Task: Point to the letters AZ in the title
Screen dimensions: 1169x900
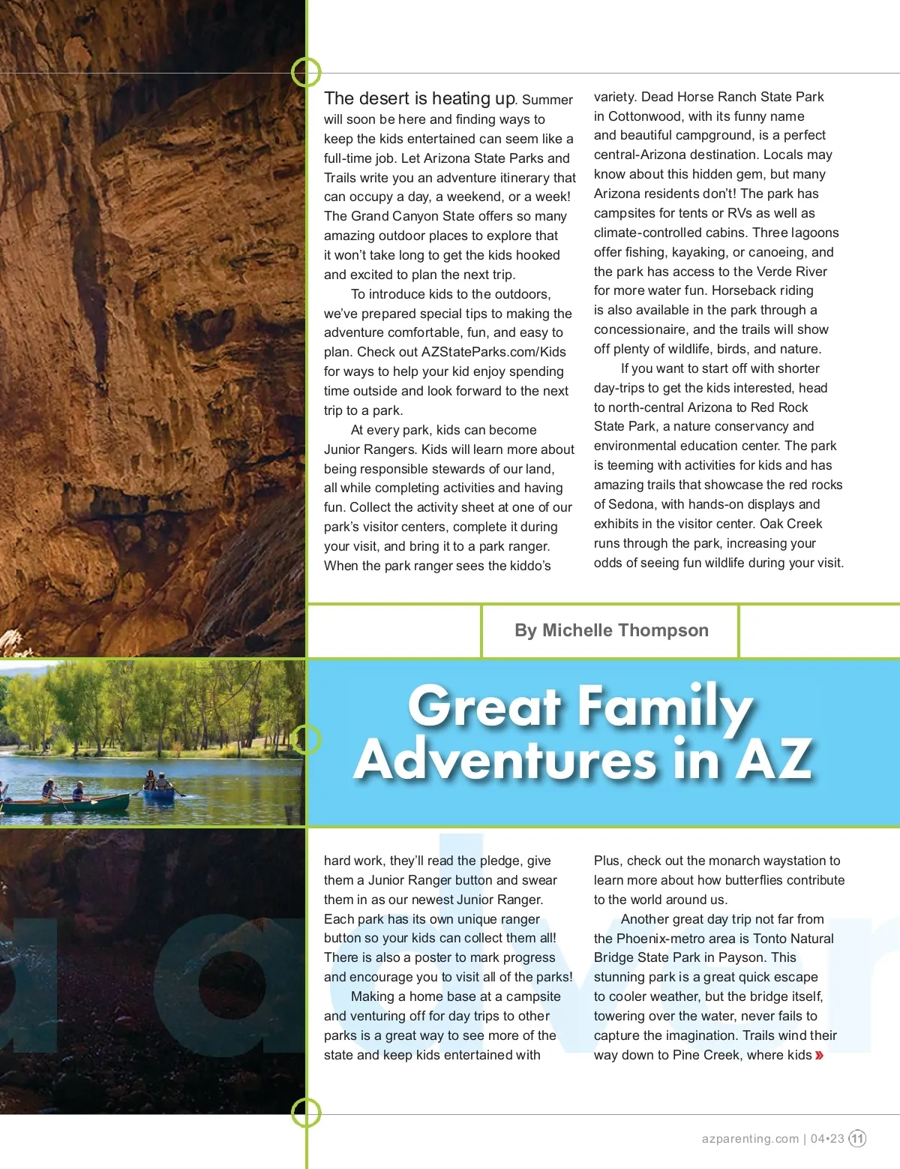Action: [x=775, y=759]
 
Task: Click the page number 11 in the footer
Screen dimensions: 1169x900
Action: [x=857, y=1138]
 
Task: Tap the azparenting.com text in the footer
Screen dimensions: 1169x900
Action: [x=750, y=1138]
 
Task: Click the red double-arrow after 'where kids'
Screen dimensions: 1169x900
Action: [x=819, y=1055]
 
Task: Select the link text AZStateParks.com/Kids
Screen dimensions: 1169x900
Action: [x=493, y=352]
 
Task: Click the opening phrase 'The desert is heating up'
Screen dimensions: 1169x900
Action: [x=419, y=98]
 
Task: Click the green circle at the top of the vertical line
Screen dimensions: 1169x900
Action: [x=306, y=73]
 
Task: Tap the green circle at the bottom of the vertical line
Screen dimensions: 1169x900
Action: [x=306, y=1113]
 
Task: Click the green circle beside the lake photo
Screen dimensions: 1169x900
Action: [x=306, y=740]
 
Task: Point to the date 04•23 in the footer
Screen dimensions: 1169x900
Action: [x=827, y=1138]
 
